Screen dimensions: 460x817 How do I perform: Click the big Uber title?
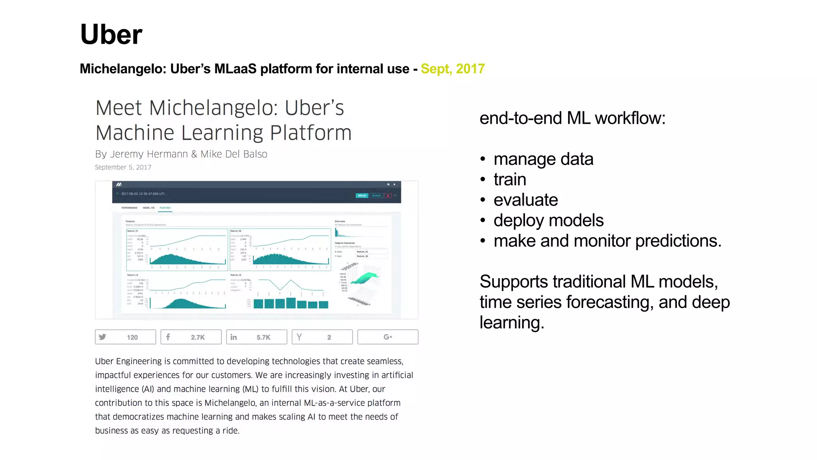coord(111,34)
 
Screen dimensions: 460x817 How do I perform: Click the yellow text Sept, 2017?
coord(452,69)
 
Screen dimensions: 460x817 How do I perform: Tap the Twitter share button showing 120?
coord(125,337)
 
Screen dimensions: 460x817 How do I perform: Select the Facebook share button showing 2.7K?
coord(191,337)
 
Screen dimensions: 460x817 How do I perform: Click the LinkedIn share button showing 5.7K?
coord(257,337)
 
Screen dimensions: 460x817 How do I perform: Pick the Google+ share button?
coord(388,337)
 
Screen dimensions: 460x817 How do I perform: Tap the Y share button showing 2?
coord(322,337)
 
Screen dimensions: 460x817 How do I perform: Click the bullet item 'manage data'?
coord(543,159)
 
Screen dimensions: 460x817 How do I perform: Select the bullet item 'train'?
coord(509,179)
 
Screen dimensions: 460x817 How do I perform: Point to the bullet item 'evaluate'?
coord(525,200)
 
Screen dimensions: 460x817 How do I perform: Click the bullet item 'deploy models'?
coord(548,220)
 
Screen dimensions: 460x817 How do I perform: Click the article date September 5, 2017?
coord(123,167)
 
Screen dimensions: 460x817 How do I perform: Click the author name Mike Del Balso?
coord(234,154)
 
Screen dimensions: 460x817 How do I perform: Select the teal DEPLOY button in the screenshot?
coord(362,196)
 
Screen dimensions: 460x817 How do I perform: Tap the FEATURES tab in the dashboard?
coord(165,208)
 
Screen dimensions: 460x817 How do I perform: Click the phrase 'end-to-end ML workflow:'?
coord(572,118)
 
